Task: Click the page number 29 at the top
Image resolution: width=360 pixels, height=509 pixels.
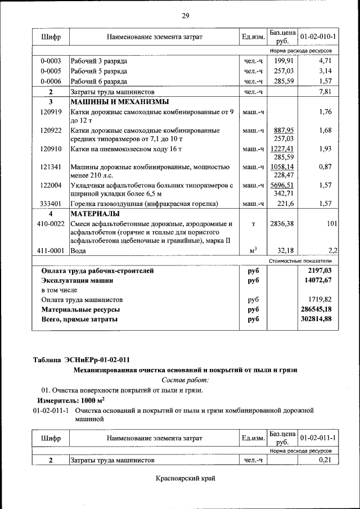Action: pyautogui.click(x=185, y=15)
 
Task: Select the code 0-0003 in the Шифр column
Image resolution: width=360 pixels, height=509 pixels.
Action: pyautogui.click(x=51, y=60)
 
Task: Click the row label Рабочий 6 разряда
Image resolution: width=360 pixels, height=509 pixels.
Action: pyautogui.click(x=98, y=81)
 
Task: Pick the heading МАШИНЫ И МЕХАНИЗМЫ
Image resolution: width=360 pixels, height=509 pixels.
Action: pyautogui.click(x=119, y=102)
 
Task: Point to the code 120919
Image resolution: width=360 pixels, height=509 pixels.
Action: pyautogui.click(x=51, y=111)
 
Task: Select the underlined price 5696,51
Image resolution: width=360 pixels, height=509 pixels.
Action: pyautogui.click(x=283, y=184)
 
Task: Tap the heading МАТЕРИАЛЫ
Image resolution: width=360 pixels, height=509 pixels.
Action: pyautogui.click(x=94, y=214)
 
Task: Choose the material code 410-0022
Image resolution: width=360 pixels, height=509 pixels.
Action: pyautogui.click(x=51, y=224)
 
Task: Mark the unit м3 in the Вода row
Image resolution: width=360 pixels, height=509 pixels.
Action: pyautogui.click(x=253, y=250)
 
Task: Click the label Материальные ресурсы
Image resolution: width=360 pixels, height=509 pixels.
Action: pyautogui.click(x=80, y=309)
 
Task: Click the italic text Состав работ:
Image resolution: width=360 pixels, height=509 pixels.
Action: pyautogui.click(x=185, y=380)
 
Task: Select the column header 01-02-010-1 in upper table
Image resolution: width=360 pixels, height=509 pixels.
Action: pyautogui.click(x=318, y=37)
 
